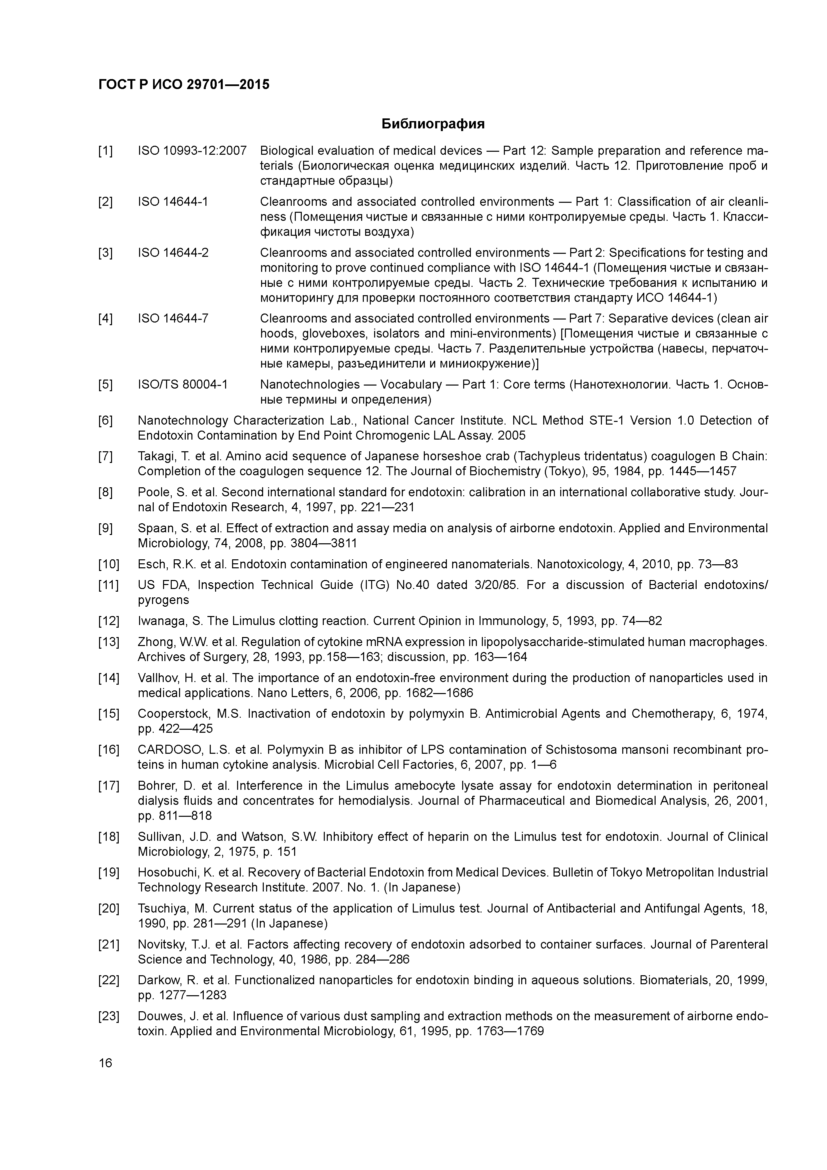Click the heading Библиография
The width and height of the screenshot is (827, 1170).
[x=433, y=124]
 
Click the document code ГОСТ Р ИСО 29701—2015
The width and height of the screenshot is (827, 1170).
[x=184, y=85]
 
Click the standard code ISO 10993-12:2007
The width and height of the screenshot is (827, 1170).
[x=192, y=151]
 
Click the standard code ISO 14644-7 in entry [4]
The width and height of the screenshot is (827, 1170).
[x=173, y=319]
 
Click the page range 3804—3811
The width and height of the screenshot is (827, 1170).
[x=323, y=543]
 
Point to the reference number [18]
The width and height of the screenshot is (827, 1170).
[x=108, y=837]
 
